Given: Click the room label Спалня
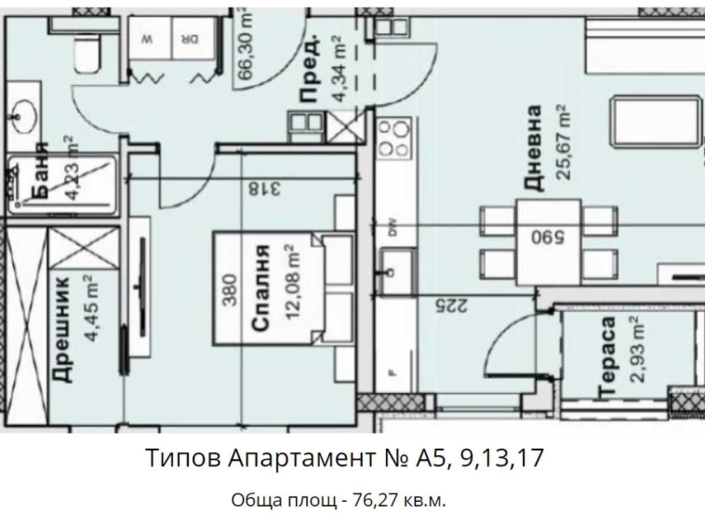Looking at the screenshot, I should coord(261,289).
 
